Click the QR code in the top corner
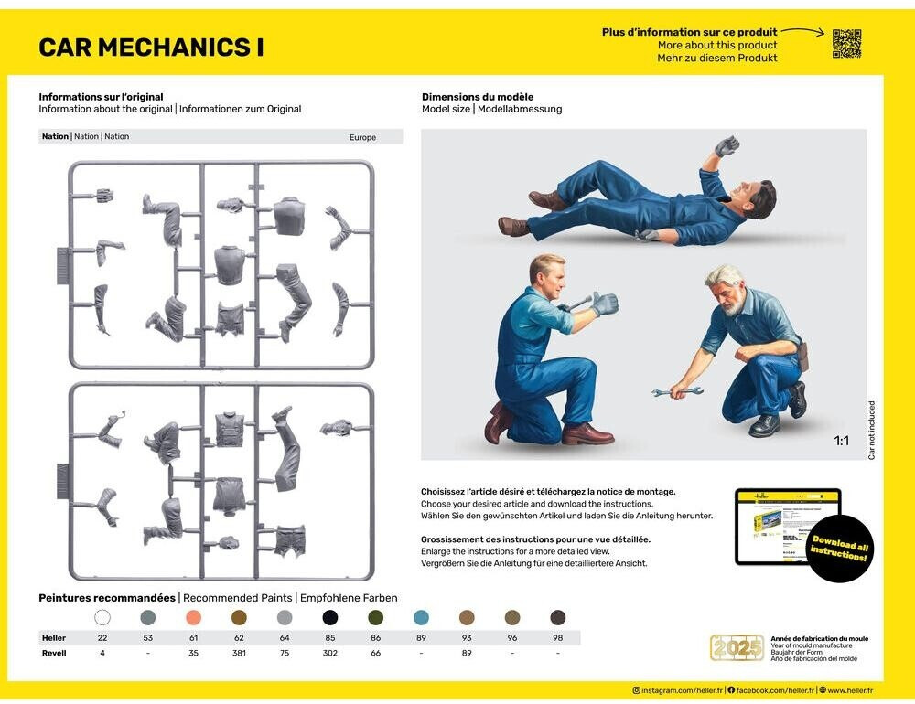tap(846, 43)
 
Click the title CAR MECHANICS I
tap(151, 48)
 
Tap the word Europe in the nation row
tap(362, 137)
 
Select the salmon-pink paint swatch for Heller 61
tap(193, 617)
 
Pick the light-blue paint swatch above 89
tap(421, 617)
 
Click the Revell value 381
tap(239, 653)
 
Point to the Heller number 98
tap(557, 638)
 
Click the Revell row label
tap(54, 653)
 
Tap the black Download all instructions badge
tap(839, 549)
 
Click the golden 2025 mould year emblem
tap(737, 647)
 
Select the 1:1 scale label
tap(841, 442)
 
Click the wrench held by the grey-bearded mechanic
tap(678, 392)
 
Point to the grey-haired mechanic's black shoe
tap(764, 425)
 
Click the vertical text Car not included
tap(872, 430)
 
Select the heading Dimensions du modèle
tap(477, 97)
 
